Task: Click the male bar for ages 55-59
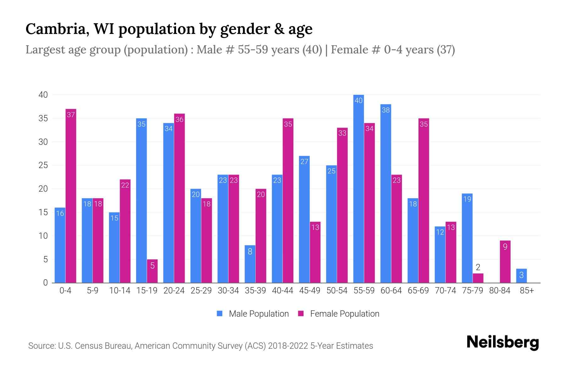tap(358, 188)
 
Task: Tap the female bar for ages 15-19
tap(152, 271)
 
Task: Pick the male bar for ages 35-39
tap(250, 264)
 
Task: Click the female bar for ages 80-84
tap(505, 262)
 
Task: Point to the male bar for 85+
tap(521, 276)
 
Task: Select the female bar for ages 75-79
tap(478, 278)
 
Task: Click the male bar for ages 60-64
tap(386, 193)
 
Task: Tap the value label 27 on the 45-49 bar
tap(304, 161)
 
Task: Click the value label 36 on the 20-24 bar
tap(179, 119)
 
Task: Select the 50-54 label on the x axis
tap(337, 291)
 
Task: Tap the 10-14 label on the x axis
tap(119, 291)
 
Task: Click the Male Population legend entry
tap(253, 314)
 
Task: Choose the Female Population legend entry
tap(339, 314)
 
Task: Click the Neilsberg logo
tap(502, 342)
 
